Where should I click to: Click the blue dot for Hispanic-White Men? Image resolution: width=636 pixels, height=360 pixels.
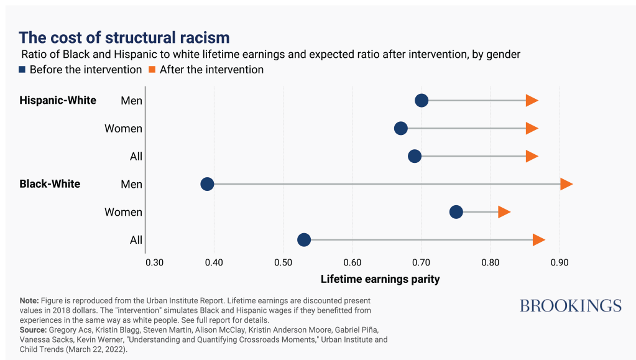click(422, 100)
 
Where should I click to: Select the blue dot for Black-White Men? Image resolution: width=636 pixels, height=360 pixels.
click(207, 184)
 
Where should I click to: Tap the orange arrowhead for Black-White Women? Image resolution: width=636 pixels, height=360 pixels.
click(504, 212)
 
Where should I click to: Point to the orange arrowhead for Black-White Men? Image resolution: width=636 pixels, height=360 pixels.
click(566, 184)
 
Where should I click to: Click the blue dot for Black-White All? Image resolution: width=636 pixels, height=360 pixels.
click(304, 240)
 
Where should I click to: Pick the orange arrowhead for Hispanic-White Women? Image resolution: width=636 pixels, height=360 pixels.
click(532, 128)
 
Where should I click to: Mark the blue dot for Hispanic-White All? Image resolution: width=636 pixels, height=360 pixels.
click(415, 156)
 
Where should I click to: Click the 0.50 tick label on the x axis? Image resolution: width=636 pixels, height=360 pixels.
click(283, 262)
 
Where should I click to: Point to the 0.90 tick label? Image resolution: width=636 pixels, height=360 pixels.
click(560, 262)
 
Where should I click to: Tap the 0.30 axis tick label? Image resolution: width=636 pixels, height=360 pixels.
click(155, 262)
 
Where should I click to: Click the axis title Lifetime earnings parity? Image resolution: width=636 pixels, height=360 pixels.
click(380, 279)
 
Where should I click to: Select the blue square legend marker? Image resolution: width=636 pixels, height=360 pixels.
click(22, 70)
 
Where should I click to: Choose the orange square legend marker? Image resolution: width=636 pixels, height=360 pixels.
click(152, 70)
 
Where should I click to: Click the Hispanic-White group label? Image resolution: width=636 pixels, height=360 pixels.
click(58, 100)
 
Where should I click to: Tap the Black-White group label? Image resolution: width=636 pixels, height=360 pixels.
click(50, 184)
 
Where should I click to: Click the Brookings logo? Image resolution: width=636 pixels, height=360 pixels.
click(571, 306)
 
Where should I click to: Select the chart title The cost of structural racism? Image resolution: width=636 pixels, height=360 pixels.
click(124, 37)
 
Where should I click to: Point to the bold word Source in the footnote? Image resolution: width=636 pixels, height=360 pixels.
click(33, 330)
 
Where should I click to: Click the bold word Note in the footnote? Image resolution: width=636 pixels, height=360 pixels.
click(29, 301)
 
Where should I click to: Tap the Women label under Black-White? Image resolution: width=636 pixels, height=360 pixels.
click(123, 212)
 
